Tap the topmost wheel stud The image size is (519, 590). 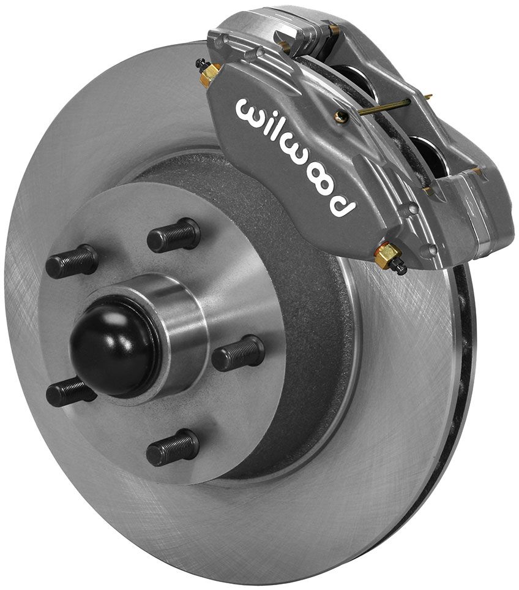coord(174,235)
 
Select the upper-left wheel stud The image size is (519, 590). coord(72,262)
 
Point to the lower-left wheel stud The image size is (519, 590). coord(70,391)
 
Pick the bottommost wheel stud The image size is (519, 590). coord(172,447)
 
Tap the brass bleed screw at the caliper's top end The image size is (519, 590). coord(209,73)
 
